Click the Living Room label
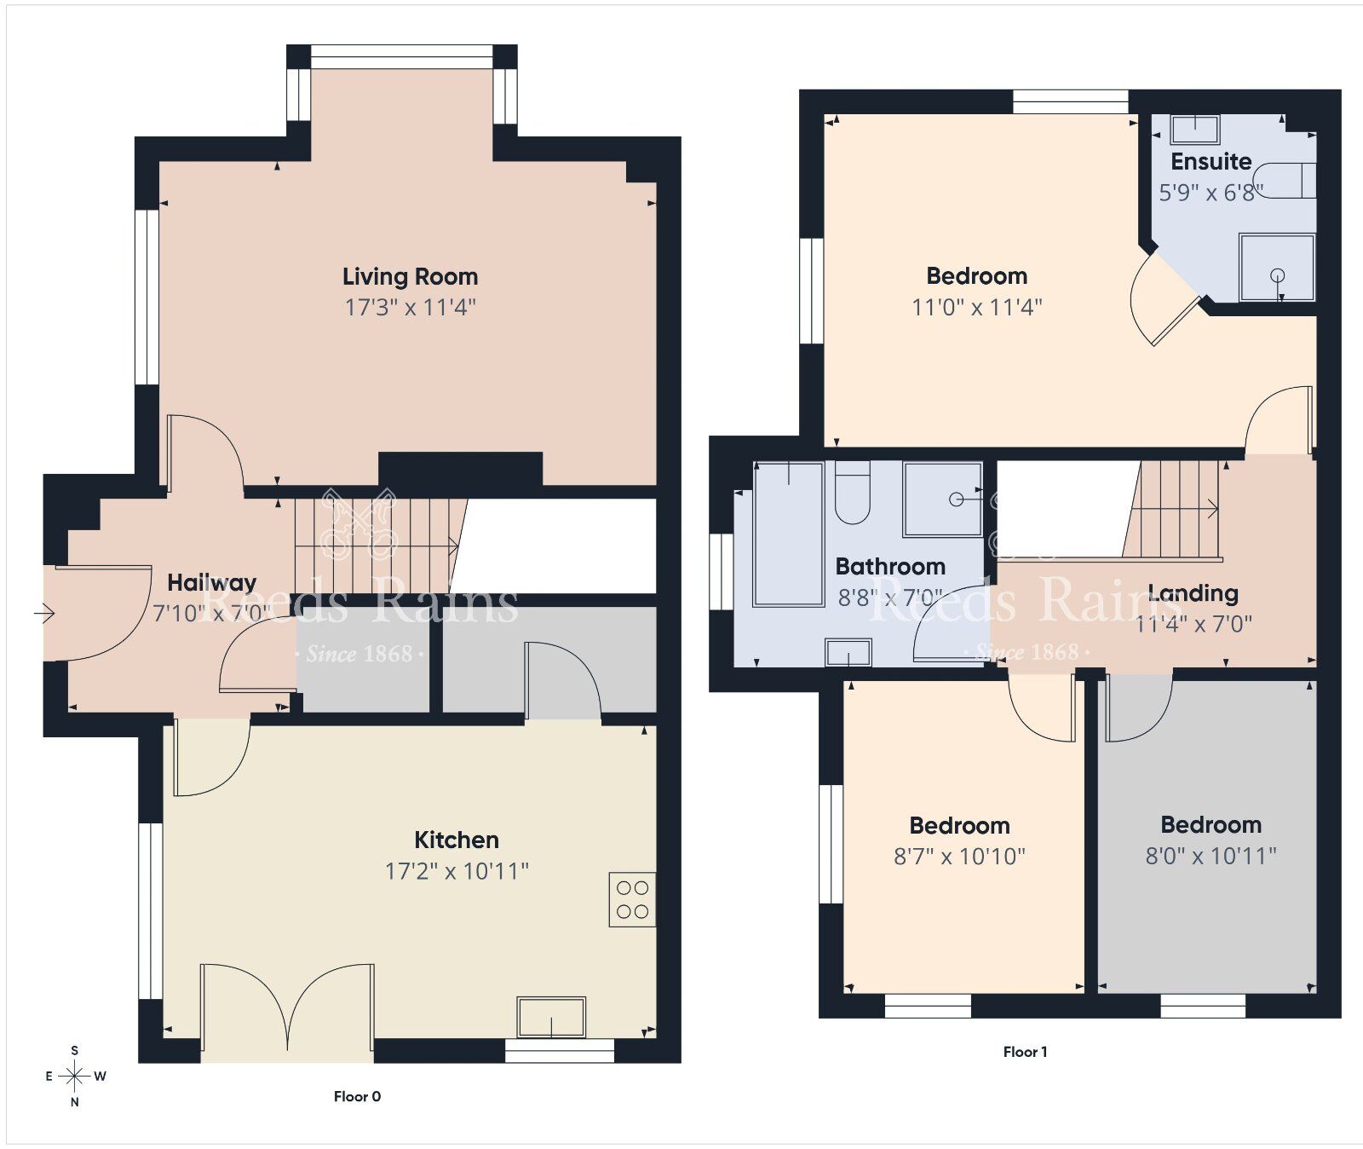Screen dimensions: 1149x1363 click(410, 276)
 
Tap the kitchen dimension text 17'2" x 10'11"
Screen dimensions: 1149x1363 click(457, 871)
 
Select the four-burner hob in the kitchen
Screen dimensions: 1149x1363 click(632, 899)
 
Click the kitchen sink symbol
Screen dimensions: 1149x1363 click(551, 1017)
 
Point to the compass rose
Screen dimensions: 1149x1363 click(75, 1076)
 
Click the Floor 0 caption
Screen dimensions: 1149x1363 click(357, 1096)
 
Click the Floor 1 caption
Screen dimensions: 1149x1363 click(1025, 1052)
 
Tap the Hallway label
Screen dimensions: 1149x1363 click(211, 583)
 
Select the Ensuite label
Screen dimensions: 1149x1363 click(1211, 161)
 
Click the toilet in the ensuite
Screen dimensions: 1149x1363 click(1288, 180)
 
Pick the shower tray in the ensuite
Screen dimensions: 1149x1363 click(1276, 268)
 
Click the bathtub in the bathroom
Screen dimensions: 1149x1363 click(788, 534)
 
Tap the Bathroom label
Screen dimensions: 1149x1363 click(890, 566)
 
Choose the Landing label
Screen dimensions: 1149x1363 click(1193, 593)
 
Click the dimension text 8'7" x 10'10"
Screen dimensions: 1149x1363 click(959, 857)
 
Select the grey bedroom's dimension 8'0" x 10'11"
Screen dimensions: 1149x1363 click(1211, 856)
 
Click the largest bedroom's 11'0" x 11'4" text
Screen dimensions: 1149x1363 click(976, 307)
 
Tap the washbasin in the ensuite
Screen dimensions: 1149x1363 click(1194, 130)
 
